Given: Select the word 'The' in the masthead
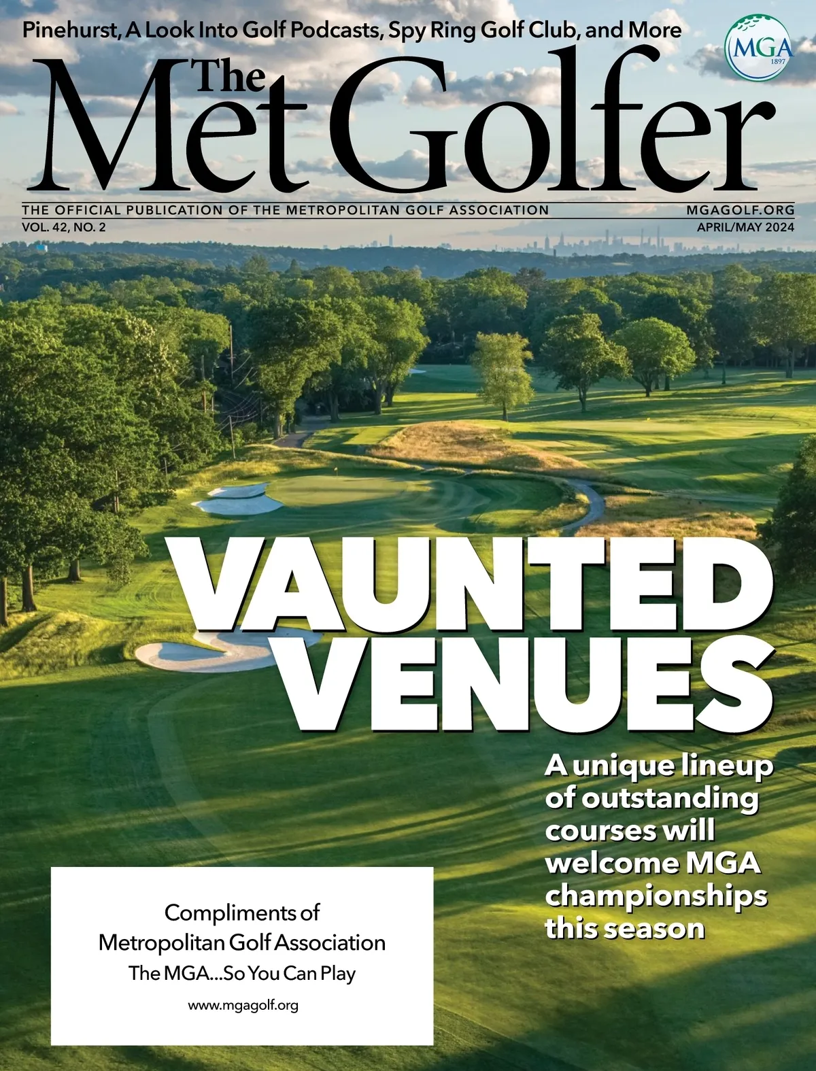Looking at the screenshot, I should (x=230, y=76).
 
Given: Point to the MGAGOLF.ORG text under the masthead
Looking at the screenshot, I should (x=740, y=210).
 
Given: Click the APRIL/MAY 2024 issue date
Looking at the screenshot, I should (x=745, y=228).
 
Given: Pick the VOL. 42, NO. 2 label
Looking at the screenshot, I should (x=64, y=228).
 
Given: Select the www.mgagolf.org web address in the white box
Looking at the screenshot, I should (x=243, y=1005).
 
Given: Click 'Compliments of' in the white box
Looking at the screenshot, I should (x=242, y=912).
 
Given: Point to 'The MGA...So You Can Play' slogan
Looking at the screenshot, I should (x=242, y=973).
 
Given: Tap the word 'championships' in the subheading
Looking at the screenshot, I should (x=656, y=896).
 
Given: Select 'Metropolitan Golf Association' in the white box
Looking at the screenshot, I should (x=242, y=942).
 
